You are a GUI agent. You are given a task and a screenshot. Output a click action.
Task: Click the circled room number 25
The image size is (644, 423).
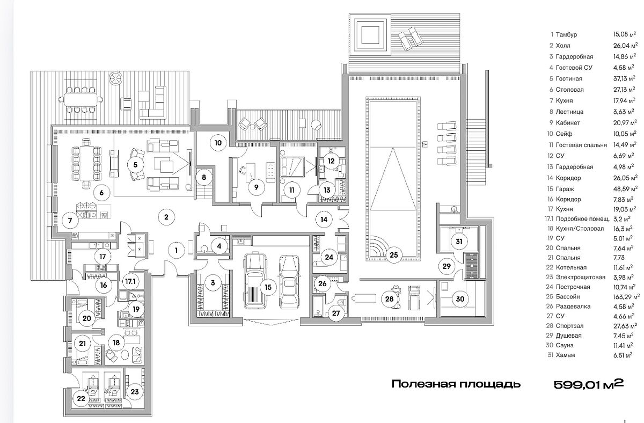point(393,254)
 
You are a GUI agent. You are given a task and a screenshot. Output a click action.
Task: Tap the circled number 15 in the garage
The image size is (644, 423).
point(268,287)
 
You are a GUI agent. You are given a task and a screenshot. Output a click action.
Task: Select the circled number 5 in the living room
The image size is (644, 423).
point(135,165)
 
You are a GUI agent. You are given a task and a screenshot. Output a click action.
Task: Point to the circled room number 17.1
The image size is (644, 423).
point(130,281)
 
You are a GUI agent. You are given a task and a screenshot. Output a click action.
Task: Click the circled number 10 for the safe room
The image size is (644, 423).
point(218,143)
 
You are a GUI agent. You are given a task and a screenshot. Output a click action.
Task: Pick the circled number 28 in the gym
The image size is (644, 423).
point(389,299)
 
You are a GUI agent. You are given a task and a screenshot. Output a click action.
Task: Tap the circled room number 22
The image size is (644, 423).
point(81,398)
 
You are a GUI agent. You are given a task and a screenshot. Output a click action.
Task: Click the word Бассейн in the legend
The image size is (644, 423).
point(568,296)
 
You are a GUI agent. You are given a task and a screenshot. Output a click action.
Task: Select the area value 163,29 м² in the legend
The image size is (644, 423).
point(626,296)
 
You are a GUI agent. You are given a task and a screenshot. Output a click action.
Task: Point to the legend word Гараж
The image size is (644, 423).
point(565,189)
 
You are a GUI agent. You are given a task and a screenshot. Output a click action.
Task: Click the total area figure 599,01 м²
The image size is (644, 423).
point(589,384)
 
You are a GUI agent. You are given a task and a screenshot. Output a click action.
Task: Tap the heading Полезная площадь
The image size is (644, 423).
point(456,384)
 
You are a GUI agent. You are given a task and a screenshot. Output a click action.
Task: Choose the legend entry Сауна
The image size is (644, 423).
point(565,345)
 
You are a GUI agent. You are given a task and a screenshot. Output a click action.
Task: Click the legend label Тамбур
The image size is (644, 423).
point(566,34)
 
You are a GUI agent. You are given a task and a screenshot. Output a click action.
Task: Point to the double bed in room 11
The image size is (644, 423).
point(292,166)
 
